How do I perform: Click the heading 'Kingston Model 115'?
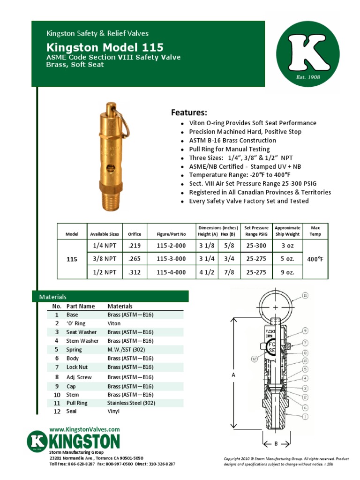point(105,47)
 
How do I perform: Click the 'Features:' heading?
point(188,112)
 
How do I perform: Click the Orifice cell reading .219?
point(135,246)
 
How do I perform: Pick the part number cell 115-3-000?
point(171,259)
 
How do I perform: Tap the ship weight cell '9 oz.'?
point(287,272)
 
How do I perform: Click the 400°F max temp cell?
point(315,259)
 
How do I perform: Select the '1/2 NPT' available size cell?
point(105,272)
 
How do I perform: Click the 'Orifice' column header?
point(135,234)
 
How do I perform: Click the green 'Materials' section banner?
point(110,297)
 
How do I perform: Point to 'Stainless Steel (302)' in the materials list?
point(131,403)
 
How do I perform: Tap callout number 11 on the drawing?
point(305,295)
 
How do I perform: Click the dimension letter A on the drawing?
point(233,375)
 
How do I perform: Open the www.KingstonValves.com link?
point(84,429)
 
